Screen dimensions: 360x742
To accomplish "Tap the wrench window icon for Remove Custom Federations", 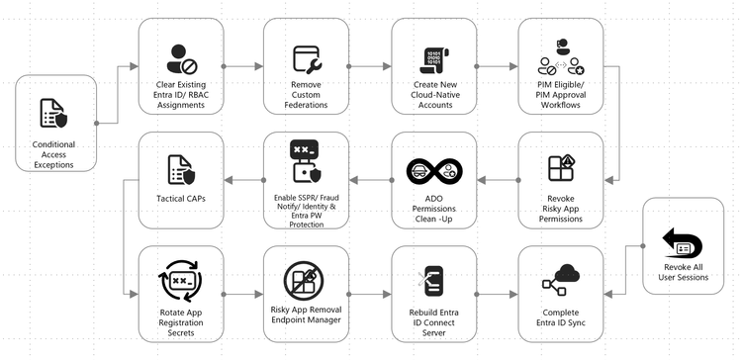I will tap(306, 59).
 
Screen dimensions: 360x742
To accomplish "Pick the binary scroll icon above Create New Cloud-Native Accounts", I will tap(434, 58).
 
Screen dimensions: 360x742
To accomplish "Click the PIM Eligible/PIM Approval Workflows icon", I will tap(561, 58).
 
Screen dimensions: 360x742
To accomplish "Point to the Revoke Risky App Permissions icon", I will tap(561, 170).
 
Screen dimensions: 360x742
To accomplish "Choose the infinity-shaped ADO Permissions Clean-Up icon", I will tap(434, 169).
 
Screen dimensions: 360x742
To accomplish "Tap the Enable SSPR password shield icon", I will tap(306, 162).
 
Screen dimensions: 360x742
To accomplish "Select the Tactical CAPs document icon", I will tap(181, 169).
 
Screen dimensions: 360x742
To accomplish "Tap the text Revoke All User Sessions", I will tap(685, 273).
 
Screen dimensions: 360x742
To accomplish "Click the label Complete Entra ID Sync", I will tap(561, 319).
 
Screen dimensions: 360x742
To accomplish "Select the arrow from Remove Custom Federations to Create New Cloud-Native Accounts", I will tap(370, 66).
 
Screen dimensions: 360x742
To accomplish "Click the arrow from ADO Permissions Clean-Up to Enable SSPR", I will tap(370, 179).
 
